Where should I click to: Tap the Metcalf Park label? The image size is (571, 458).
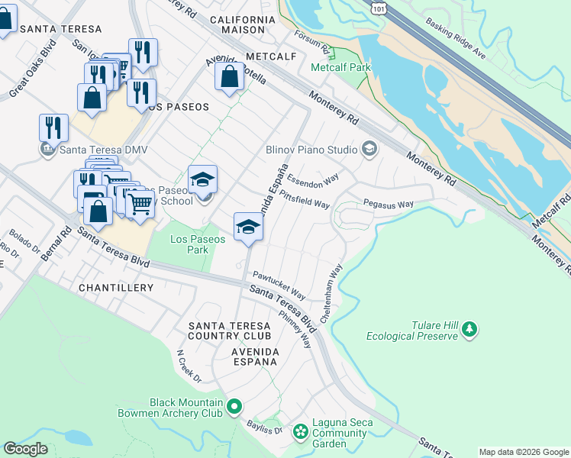pyautogui.click(x=340, y=68)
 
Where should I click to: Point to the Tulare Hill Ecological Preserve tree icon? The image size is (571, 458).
pyautogui.click(x=469, y=330)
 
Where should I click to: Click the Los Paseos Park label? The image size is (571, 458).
pyautogui.click(x=198, y=244)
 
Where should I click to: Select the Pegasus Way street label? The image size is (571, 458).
pyautogui.click(x=388, y=205)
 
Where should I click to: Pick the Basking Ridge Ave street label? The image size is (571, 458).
pyautogui.click(x=456, y=40)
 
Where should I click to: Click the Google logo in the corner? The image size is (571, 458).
pyautogui.click(x=26, y=449)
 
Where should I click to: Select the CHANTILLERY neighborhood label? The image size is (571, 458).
pyautogui.click(x=116, y=288)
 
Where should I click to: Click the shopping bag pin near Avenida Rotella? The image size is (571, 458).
pyautogui.click(x=229, y=76)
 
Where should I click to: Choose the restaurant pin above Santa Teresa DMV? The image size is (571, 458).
pyautogui.click(x=53, y=127)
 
